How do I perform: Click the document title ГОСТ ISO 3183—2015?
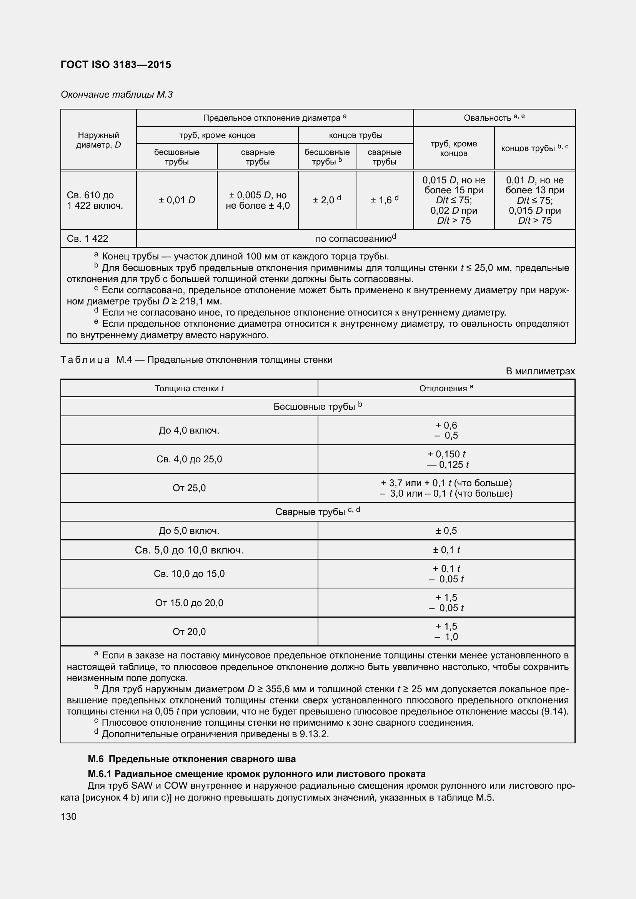tap(116, 65)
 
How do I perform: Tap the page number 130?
tap(68, 817)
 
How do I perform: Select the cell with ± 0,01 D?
tap(176, 200)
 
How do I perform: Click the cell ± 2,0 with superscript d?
tap(326, 200)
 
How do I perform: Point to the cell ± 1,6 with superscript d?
tap(384, 200)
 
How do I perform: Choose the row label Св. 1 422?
tap(87, 238)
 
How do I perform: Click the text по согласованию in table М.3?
tap(355, 238)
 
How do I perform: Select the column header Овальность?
tap(494, 118)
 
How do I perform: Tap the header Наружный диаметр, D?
tap(98, 140)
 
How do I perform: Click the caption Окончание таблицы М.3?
tap(117, 95)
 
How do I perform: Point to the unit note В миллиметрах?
tap(540, 371)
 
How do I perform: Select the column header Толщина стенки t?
tap(189, 389)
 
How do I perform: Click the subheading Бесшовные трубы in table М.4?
tap(317, 406)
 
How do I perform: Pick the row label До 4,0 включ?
tap(189, 430)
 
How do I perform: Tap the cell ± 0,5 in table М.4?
tap(446, 530)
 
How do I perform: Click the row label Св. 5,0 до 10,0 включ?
tap(189, 550)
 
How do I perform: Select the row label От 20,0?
tap(189, 631)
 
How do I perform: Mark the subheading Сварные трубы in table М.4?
tap(317, 512)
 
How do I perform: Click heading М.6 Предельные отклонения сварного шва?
tap(192, 759)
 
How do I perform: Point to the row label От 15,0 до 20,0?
tap(189, 603)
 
